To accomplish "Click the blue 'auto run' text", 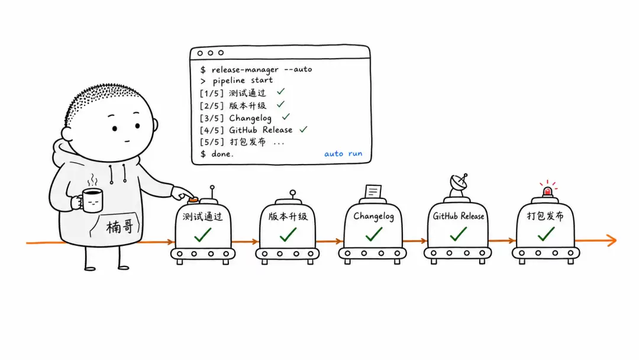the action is pyautogui.click(x=343, y=154).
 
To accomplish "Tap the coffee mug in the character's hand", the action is pyautogui.click(x=91, y=200).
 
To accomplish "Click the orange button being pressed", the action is pyautogui.click(x=193, y=200).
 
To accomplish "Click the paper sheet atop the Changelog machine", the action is pyautogui.click(x=373, y=191).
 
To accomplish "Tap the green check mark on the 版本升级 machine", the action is pyautogui.click(x=288, y=234).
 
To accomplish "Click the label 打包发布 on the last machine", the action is pyautogui.click(x=546, y=216).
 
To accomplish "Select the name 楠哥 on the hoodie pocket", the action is pyautogui.click(x=120, y=227).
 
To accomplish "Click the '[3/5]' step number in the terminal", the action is pyautogui.click(x=212, y=118).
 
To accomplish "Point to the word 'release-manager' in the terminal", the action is pyautogui.click(x=245, y=70).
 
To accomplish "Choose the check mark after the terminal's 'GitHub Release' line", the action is pyautogui.click(x=303, y=130).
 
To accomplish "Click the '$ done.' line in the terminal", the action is pyautogui.click(x=217, y=154).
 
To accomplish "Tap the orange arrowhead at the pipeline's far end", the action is pyautogui.click(x=612, y=240).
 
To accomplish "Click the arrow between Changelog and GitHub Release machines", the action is pyautogui.click(x=414, y=241).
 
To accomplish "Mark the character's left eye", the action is pyautogui.click(x=115, y=129).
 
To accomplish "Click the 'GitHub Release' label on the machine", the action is pyautogui.click(x=459, y=216).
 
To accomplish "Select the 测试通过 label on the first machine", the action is pyautogui.click(x=202, y=216).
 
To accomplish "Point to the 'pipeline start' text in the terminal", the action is pyautogui.click(x=243, y=81).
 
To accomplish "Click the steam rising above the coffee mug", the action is pyautogui.click(x=93, y=180).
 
